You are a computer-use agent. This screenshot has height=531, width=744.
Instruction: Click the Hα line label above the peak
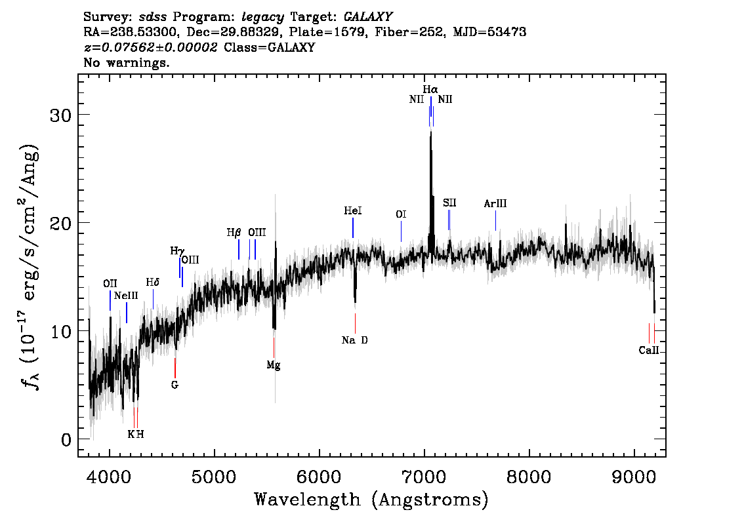430,89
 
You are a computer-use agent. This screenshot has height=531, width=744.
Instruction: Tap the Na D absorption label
354,340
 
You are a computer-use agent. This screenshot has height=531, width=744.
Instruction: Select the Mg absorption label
274,365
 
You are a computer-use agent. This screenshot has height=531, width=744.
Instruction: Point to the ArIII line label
495,203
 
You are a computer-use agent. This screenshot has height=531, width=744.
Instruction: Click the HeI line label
352,210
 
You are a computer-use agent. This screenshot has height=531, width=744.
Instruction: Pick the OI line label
401,214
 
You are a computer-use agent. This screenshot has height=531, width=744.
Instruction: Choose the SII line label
449,203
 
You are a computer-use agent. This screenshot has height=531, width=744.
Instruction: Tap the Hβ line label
234,233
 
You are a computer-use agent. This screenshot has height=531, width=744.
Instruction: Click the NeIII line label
126,296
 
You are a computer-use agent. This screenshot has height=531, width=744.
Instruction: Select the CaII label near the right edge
649,350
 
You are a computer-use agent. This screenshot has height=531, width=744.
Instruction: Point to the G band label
175,385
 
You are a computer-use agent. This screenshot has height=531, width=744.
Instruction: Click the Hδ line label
152,283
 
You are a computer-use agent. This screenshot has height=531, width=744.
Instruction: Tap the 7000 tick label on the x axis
424,477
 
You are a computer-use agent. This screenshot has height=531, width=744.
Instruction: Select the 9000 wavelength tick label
633,477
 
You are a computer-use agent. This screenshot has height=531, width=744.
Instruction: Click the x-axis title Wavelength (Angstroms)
371,500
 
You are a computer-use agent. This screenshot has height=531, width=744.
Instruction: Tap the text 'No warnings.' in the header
126,62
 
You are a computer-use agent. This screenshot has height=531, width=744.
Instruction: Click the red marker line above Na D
355,323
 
